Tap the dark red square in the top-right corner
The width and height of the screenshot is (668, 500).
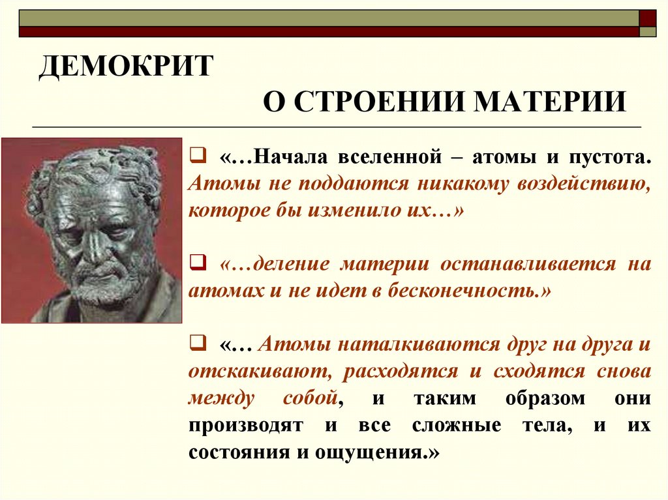pyautogui.click(x=648, y=18)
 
